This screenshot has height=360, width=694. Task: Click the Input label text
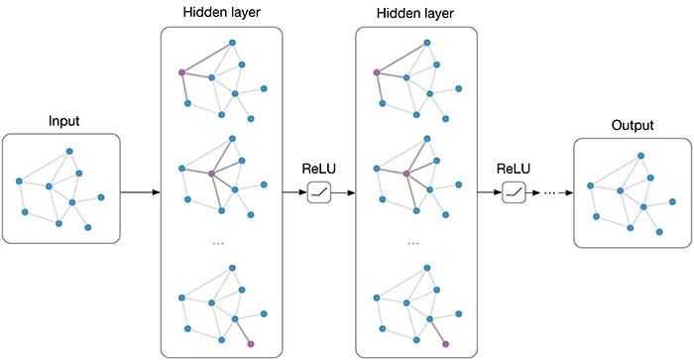63,122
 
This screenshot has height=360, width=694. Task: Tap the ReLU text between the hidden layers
319,168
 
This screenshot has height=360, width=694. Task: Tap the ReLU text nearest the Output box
514,168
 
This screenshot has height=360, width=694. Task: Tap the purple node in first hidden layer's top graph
181,72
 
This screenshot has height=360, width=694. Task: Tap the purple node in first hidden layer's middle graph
211,174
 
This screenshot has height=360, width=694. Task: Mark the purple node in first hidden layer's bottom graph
251,343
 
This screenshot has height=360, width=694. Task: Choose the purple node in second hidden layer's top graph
376,72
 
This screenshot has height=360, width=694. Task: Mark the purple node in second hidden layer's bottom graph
445,343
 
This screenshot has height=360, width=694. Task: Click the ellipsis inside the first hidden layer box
220,243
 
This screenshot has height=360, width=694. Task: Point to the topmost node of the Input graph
69,152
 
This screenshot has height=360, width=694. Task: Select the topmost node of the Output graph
640,156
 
